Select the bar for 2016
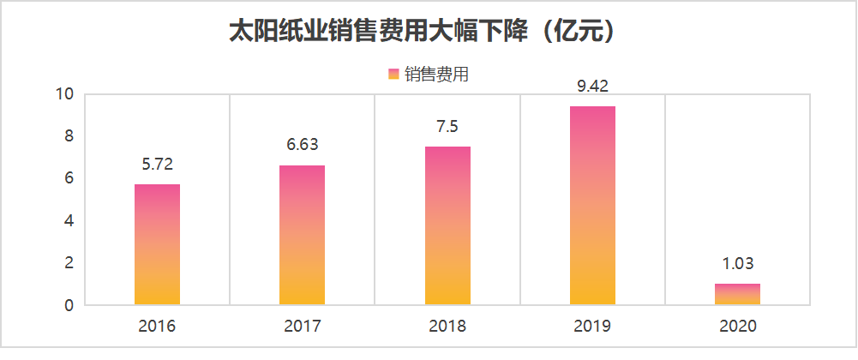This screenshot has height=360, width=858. coord(157,244)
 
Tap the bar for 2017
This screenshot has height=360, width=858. coord(302,235)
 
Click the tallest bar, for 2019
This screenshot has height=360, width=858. coord(592,206)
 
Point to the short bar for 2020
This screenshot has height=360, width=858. coord(737,294)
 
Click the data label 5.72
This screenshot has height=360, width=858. coord(157,164)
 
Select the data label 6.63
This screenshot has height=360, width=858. coord(302,145)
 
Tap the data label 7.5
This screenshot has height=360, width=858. coord(447,127)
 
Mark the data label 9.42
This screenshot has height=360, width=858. coord(592,86)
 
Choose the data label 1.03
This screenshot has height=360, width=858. coord(737,263)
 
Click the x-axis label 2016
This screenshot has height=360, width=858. coord(157,327)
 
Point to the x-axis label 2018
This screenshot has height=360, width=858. coord(447,327)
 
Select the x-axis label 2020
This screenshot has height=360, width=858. coord(737,327)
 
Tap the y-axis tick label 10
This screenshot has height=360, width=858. coord(65,94)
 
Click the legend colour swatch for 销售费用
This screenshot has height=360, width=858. coord(393,75)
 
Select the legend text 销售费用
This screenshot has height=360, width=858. coord(436,75)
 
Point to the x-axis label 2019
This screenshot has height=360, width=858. coord(592,327)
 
